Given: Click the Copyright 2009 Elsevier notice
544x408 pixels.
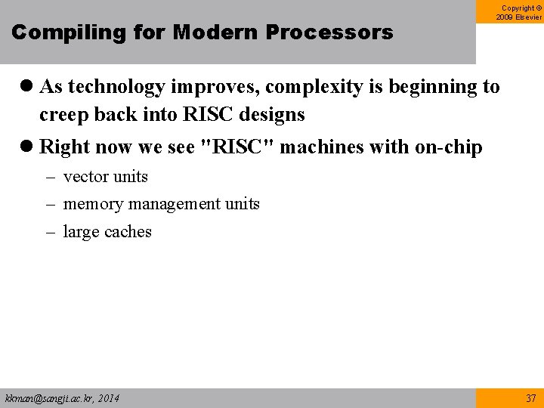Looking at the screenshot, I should (518, 13).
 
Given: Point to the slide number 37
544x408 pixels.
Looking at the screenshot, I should (530, 398).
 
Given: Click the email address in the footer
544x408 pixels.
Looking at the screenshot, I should (62, 398).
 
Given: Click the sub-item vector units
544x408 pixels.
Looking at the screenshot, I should (105, 177).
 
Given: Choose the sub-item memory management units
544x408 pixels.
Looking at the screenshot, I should (161, 204).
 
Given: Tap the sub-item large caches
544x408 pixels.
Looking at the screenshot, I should (107, 232).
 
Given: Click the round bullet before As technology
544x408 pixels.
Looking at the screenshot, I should (27, 88).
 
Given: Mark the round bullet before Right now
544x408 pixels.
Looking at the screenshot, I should (27, 147).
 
